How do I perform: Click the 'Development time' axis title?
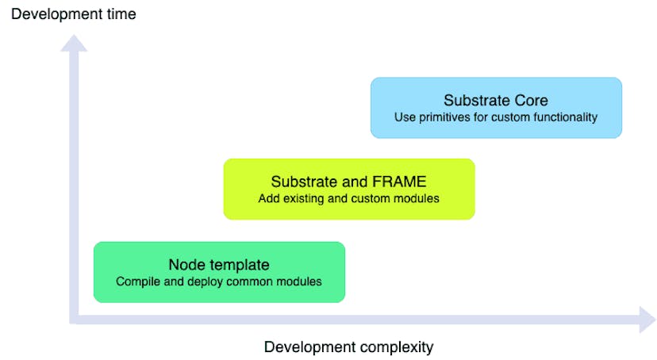73,13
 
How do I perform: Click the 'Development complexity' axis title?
348,347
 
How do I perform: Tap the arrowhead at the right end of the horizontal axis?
646,320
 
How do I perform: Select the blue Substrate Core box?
496,108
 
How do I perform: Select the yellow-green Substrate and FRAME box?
348,189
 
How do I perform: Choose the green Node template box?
219,272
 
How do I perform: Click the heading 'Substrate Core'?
496,101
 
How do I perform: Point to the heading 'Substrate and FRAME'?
348,182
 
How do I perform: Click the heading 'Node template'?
219,264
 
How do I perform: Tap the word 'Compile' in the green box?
136,281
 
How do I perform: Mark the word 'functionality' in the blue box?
564,117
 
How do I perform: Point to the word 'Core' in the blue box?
532,101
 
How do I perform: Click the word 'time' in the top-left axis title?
121,13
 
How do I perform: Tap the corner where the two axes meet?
75,319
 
